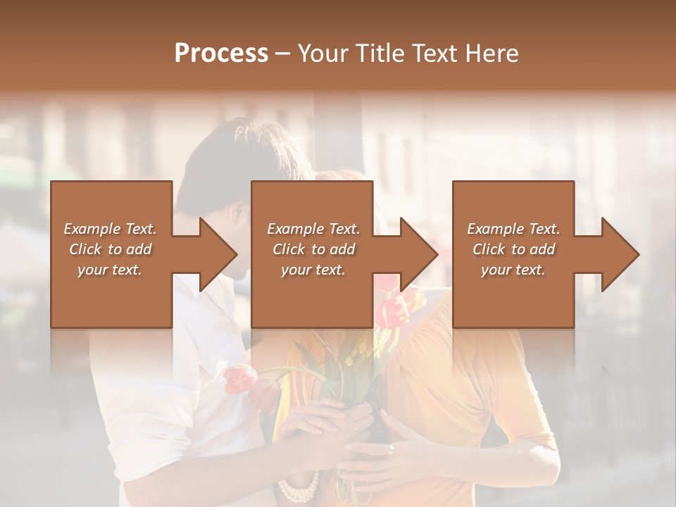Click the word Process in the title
(221, 54)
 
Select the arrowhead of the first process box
(218, 254)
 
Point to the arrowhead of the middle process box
(419, 254)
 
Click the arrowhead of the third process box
(620, 254)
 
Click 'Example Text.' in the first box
(110, 229)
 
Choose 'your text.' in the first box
(110, 270)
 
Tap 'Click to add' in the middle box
(313, 249)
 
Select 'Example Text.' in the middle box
(313, 229)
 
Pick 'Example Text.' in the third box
(513, 229)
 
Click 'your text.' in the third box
(513, 270)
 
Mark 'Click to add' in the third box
(513, 249)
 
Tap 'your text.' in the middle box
(313, 270)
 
